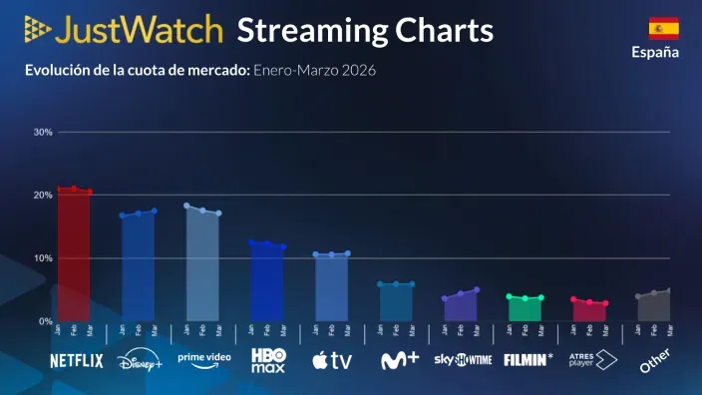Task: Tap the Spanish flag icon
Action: click(663, 28)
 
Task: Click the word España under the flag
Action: click(655, 53)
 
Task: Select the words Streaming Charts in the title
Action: click(365, 30)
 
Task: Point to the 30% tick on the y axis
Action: click(43, 132)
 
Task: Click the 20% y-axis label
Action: click(43, 195)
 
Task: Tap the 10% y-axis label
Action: click(43, 258)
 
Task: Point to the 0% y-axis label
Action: click(46, 321)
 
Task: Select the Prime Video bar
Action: click(202, 265)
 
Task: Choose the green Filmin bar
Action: click(525, 309)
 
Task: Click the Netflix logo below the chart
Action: click(77, 361)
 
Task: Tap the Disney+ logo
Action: click(140, 360)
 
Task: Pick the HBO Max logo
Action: click(267, 360)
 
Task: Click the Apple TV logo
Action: click(331, 360)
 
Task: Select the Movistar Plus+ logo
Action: click(399, 360)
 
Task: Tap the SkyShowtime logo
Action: click(463, 360)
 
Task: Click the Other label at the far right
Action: click(655, 360)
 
